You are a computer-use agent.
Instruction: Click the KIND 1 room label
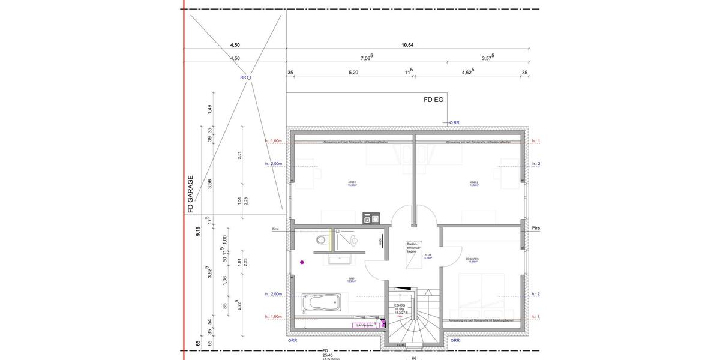point(352,183)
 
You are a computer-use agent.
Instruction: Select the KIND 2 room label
point(474,183)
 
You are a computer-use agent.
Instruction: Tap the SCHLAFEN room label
point(472,260)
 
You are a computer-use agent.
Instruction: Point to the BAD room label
point(352,280)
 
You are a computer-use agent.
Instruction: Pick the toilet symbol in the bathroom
point(323,240)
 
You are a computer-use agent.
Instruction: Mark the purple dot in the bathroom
point(302,262)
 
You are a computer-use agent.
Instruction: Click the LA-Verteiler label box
point(366,325)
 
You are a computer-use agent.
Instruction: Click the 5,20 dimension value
point(353,72)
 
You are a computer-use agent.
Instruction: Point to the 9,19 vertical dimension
point(198,232)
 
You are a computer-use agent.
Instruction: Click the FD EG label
point(433,100)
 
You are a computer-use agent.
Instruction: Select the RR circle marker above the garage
point(249,77)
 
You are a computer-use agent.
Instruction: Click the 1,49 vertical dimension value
point(209,109)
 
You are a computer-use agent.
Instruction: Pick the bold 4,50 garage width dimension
point(235,44)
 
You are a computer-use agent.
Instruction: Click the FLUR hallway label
point(428,256)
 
